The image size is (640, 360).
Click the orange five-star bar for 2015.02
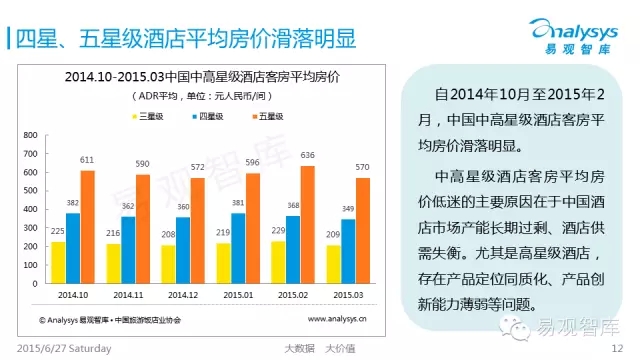[x=308, y=224]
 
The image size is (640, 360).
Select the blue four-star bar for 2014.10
[x=73, y=248]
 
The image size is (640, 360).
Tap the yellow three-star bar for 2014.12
[x=168, y=264]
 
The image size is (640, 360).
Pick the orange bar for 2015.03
[x=363, y=231]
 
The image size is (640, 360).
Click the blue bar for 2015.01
[x=238, y=248]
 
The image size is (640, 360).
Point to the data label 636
[x=307, y=155]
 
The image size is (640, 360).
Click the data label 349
[x=348, y=209]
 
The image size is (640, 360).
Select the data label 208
[x=168, y=234]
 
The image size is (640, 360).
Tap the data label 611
[x=87, y=160]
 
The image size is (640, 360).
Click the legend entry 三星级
[x=148, y=116]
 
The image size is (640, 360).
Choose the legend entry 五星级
[x=268, y=116]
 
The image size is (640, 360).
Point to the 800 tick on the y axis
[x=30, y=135]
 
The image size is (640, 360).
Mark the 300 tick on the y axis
[x=30, y=228]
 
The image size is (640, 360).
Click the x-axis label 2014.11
[x=128, y=295]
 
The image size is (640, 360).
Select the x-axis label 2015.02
[x=293, y=295]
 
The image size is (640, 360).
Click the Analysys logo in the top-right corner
[x=574, y=36]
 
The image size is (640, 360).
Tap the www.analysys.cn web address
[x=337, y=319]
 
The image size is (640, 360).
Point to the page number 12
[x=617, y=348]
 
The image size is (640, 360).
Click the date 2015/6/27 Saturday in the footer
[x=64, y=349]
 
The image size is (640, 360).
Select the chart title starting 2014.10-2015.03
[x=202, y=77]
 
